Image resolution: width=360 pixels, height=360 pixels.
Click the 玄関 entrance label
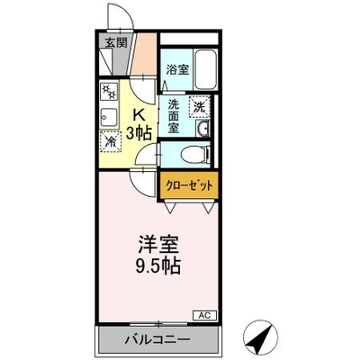pos(116,42)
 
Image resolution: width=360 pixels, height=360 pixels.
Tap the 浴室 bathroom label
pos(177,69)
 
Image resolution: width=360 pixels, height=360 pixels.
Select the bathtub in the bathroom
pos(205,69)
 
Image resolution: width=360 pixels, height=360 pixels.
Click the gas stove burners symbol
pos(109,92)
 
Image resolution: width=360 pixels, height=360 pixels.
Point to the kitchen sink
pos(109,117)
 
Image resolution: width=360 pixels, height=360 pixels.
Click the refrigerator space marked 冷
pos(111,141)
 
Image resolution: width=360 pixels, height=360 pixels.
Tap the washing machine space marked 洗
pos(199,106)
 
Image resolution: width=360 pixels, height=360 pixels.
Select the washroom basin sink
pos(202,129)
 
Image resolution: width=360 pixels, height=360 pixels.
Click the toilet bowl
pos(196,155)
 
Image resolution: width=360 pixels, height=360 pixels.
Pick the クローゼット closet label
pos(189,186)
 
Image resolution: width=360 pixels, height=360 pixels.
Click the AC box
pos(204,315)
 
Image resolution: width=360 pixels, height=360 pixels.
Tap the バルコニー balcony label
pos(157,339)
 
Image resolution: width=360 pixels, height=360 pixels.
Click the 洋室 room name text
pos(158,245)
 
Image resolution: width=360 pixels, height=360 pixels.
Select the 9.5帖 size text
pos(158,265)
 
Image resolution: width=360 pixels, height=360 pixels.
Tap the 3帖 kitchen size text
pos(139,132)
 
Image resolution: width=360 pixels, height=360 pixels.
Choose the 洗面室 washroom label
pos(174,116)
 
